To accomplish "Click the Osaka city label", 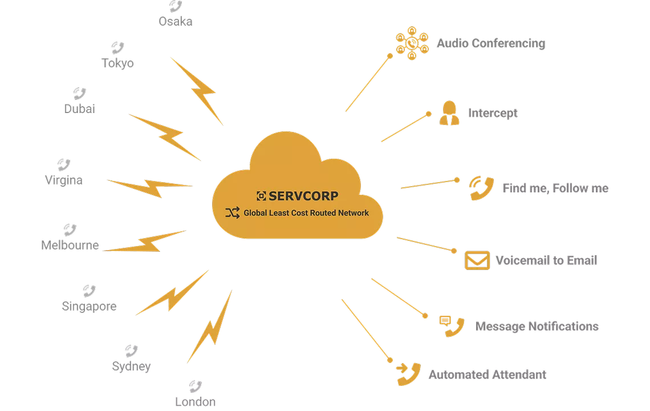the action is [176, 21].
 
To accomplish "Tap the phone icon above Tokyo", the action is [117, 48].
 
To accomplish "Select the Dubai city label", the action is [80, 109].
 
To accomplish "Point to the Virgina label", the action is [64, 180].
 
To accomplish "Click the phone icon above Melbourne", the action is [70, 229].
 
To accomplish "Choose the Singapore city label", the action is [89, 307].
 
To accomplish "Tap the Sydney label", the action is [131, 366].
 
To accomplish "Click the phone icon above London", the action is [195, 386].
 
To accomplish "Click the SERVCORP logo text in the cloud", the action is [303, 196].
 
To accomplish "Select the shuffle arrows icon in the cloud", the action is [233, 213].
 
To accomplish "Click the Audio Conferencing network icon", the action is [412, 43].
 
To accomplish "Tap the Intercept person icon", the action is [449, 113].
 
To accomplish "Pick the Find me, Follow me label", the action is [555, 188].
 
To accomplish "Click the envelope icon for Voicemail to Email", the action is [477, 260].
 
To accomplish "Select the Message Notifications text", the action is [537, 327].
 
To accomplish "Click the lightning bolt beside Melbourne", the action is [145, 241].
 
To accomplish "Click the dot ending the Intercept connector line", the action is [429, 114].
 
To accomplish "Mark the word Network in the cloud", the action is [353, 213].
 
